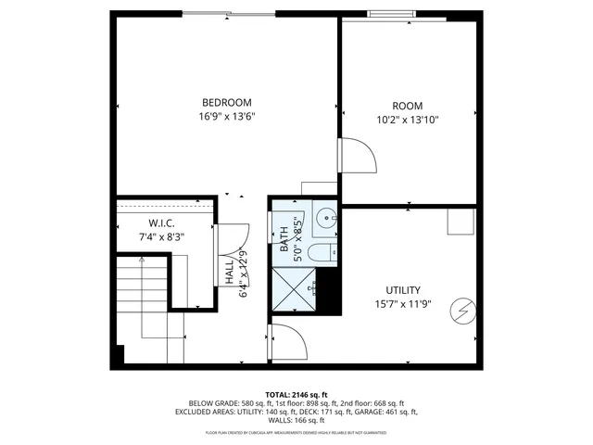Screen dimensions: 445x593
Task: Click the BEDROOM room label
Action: [226, 102]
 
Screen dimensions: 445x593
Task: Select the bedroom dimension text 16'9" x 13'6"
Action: [226, 117]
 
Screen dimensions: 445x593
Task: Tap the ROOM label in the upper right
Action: [408, 105]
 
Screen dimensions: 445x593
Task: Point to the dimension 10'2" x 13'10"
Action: [408, 120]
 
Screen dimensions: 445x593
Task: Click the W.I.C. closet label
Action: [162, 223]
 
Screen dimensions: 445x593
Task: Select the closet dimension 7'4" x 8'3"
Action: [162, 237]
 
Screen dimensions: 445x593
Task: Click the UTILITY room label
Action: [403, 289]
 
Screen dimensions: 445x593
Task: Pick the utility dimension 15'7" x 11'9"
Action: [403, 304]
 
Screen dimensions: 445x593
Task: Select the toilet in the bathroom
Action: [320, 253]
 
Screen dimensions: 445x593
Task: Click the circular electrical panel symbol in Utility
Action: [461, 311]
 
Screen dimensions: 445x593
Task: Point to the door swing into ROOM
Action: [356, 156]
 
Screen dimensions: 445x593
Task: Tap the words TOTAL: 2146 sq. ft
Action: [296, 394]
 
